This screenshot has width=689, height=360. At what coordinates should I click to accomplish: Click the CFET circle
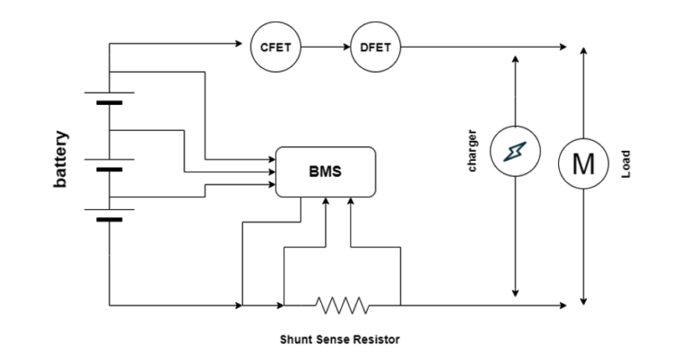[x=275, y=46]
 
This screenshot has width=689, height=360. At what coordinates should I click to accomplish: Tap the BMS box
[x=324, y=171]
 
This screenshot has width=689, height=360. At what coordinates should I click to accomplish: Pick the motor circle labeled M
[x=584, y=163]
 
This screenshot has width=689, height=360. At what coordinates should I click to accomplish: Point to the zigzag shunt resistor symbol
[x=342, y=306]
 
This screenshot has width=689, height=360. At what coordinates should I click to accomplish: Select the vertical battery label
[x=61, y=160]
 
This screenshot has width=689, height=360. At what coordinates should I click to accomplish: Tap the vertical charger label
[x=473, y=152]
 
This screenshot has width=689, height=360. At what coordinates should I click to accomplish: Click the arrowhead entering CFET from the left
[x=244, y=46]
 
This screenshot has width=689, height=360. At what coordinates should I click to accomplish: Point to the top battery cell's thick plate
[x=109, y=103]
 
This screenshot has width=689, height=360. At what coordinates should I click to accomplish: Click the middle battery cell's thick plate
[x=109, y=169]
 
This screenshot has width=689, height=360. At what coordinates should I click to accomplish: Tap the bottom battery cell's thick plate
[x=109, y=219]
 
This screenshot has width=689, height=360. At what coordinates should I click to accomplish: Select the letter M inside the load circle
[x=584, y=163]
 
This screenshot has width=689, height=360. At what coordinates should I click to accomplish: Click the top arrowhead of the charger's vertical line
[x=516, y=58]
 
